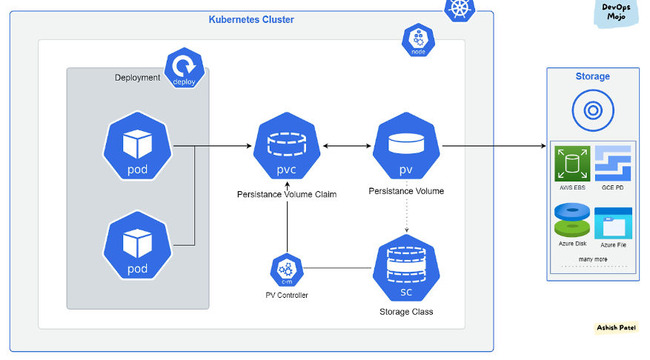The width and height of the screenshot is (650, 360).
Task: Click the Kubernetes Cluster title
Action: coord(251,20)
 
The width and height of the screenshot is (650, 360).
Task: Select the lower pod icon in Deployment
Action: coord(137,244)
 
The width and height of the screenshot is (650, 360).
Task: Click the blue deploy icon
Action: coord(184,68)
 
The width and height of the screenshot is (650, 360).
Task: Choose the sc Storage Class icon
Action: coord(406,269)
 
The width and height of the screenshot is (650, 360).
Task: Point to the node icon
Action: coord(418,40)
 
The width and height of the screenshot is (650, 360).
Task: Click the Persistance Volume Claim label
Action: coord(287,195)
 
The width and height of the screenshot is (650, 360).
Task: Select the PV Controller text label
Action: coord(287,296)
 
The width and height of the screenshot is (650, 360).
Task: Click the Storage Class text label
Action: coord(406,312)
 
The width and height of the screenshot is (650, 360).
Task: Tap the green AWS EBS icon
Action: coord(572,164)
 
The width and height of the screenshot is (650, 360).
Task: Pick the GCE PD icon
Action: coord(612,164)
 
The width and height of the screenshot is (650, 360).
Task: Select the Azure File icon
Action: coord(613,221)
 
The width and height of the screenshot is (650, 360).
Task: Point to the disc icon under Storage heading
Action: coord(592,111)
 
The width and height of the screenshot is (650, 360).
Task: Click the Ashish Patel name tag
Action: coord(616,328)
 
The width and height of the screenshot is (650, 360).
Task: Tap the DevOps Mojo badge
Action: coord(616,13)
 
